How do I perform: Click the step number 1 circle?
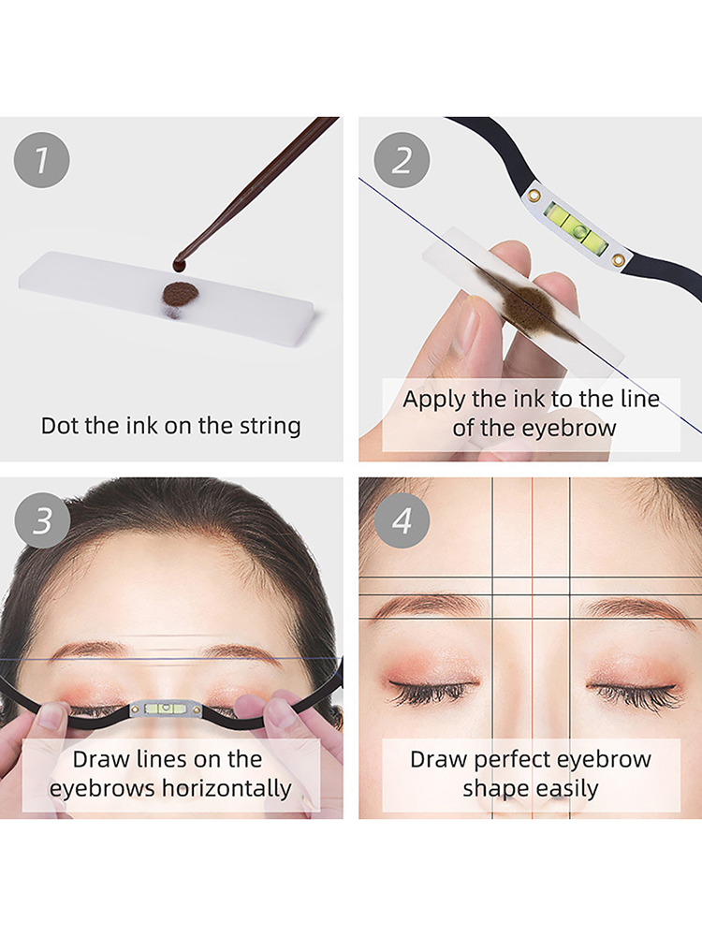(x=42, y=160)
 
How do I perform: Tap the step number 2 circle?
(x=402, y=160)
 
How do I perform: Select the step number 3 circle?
(x=42, y=519)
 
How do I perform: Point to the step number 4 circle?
(x=402, y=519)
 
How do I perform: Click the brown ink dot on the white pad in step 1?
(x=181, y=293)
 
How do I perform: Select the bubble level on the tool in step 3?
(x=167, y=709)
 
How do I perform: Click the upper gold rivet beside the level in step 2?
(x=534, y=195)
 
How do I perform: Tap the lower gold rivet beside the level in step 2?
(x=619, y=259)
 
